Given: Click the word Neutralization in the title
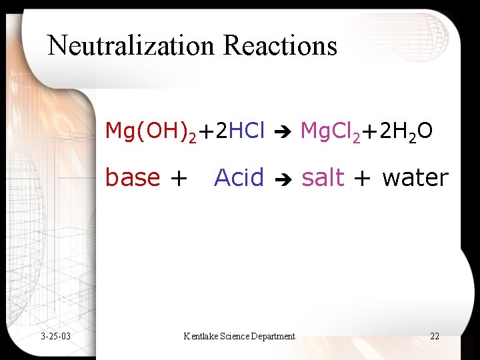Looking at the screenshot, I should point(133,45).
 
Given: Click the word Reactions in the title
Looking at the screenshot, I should point(281,45).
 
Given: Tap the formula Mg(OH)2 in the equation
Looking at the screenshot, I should point(151,132).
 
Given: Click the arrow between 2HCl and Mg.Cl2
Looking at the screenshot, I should point(283,133).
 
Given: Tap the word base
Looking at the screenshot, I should point(133,178).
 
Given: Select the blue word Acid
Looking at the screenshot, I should point(239,178).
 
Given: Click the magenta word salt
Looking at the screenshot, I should point(323,178).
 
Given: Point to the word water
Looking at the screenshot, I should point(415,178).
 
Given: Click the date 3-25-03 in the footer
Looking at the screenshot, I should point(55,336).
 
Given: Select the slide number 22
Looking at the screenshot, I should point(435,336).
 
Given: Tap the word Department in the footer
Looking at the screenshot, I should point(273,336).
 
